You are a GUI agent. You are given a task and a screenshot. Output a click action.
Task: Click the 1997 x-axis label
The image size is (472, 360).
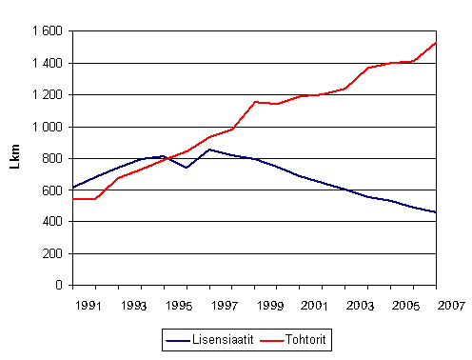click(x=226, y=307)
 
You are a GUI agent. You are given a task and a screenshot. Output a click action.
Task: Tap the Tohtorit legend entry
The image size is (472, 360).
click(x=301, y=337)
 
